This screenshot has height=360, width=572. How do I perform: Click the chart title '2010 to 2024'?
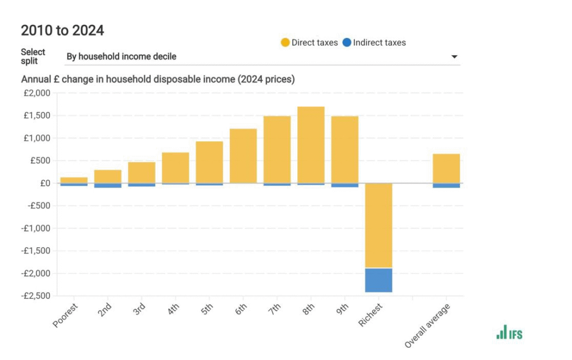pos(63,30)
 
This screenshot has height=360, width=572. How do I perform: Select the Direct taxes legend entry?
pos(309,42)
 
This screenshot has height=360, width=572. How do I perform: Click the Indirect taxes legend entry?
pos(374,42)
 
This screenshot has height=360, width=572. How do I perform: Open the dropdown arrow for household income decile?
pos(454,57)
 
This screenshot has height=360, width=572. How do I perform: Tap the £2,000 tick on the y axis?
pos(37,93)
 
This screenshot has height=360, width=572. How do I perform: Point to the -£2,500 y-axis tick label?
pos(35,296)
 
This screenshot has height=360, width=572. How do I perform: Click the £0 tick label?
pos(45,183)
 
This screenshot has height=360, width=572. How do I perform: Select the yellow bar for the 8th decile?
pos(311,145)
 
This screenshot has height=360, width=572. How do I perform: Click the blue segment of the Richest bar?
pos(379,280)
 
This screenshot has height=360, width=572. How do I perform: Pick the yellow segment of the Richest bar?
pos(379,225)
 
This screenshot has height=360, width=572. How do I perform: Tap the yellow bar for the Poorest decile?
pos(74,180)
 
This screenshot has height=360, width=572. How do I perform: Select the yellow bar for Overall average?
pos(446,168)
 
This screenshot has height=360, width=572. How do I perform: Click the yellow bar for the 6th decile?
pos(243,156)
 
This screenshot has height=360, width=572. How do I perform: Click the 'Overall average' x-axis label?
pos(427,327)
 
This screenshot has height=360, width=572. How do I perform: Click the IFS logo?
pos(509,332)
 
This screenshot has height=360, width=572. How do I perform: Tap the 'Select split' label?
pos(33,56)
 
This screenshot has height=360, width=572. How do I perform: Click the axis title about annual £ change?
pos(158,79)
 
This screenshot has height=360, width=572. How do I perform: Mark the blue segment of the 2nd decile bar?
pos(108,186)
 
